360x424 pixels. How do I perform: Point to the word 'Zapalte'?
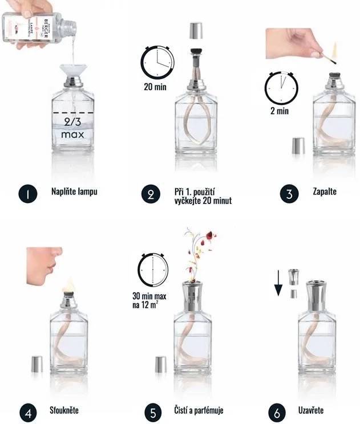[x=325, y=191]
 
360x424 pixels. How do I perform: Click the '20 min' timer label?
[x=155, y=87]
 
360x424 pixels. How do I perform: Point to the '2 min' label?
[x=280, y=111]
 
